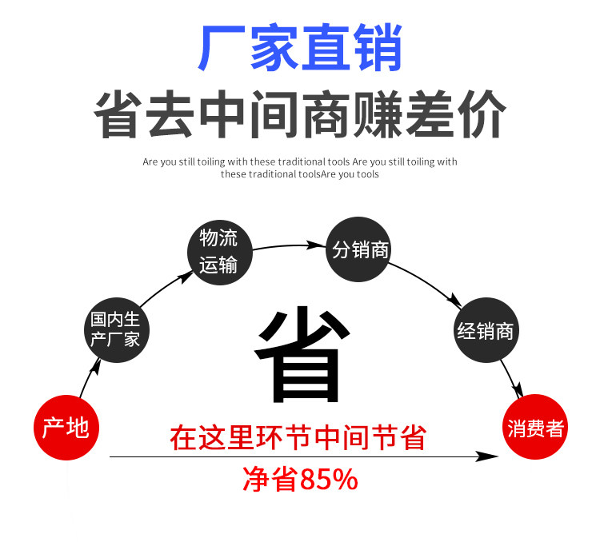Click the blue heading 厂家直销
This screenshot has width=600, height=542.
(x=300, y=50)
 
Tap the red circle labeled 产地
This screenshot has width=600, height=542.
(x=66, y=428)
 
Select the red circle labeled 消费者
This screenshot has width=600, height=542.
(x=534, y=428)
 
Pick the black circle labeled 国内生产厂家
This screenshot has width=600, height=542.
(x=116, y=329)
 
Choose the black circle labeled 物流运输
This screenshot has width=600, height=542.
(x=218, y=250)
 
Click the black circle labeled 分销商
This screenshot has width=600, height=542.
(x=360, y=250)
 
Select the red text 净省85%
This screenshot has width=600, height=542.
(x=300, y=480)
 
